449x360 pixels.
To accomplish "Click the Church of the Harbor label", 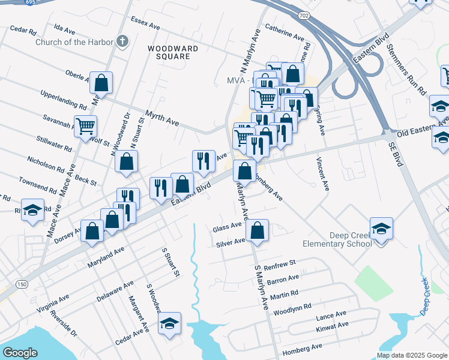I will (74, 42).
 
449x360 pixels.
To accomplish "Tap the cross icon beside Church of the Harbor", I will (122, 41).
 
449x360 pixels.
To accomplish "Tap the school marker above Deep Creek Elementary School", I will (381, 229).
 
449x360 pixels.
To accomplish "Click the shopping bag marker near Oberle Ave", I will (101, 83).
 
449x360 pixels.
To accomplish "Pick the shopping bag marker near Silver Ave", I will (258, 230).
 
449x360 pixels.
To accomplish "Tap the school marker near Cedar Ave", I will (170, 324).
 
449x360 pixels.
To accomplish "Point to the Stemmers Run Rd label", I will (406, 70).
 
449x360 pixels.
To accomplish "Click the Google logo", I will (20, 352).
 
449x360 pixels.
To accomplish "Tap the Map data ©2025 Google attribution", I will (411, 355).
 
